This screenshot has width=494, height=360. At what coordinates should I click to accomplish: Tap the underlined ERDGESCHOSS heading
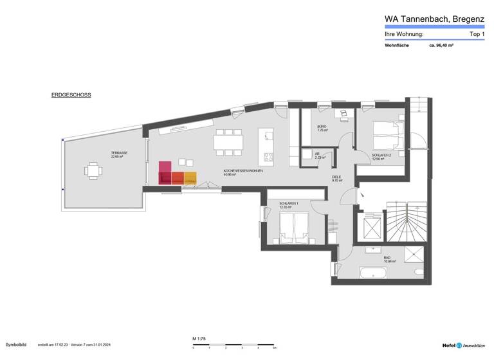(x=71, y=95)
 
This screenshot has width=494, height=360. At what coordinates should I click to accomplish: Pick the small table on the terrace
(x=93, y=171)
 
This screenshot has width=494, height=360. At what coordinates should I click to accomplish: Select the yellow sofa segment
(x=190, y=178)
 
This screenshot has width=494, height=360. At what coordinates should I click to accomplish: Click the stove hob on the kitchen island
(x=266, y=156)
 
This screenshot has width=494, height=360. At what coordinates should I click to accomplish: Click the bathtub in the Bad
(x=372, y=273)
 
